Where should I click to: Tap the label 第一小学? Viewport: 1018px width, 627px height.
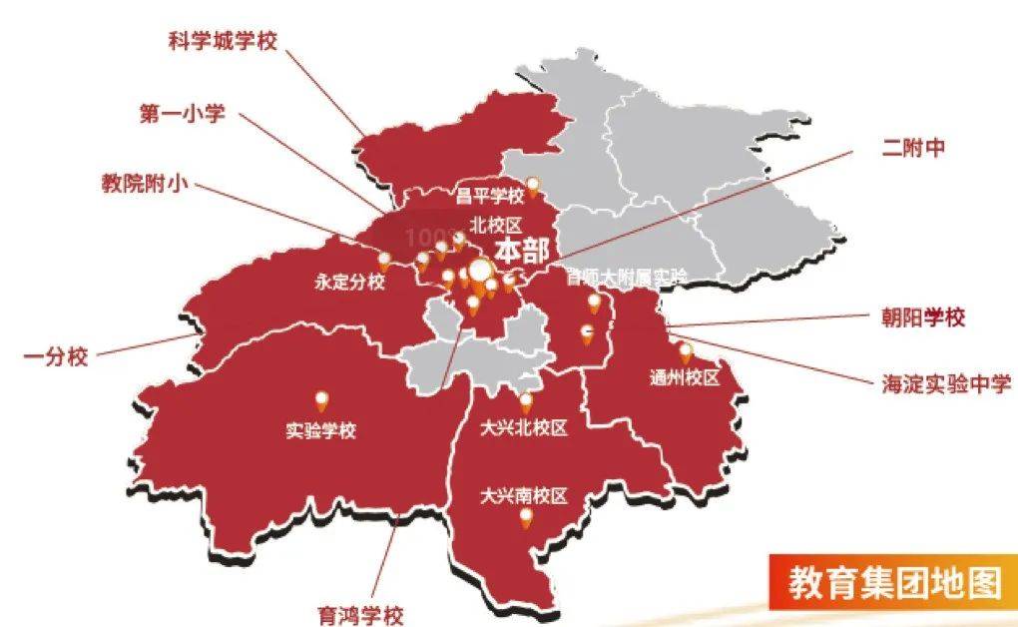pyautogui.click(x=183, y=113)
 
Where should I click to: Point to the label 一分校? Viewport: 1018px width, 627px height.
pyautogui.click(x=56, y=355)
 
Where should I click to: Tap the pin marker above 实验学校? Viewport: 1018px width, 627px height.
pyautogui.click(x=321, y=401)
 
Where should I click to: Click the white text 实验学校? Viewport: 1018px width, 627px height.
pyautogui.click(x=320, y=431)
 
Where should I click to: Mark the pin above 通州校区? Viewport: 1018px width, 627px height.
pyautogui.click(x=686, y=352)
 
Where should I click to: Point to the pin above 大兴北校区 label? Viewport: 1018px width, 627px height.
pyautogui.click(x=525, y=402)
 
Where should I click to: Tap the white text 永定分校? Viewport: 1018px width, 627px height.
pyautogui.click(x=349, y=283)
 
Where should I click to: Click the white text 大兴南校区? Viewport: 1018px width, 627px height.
pyautogui.click(x=523, y=494)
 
